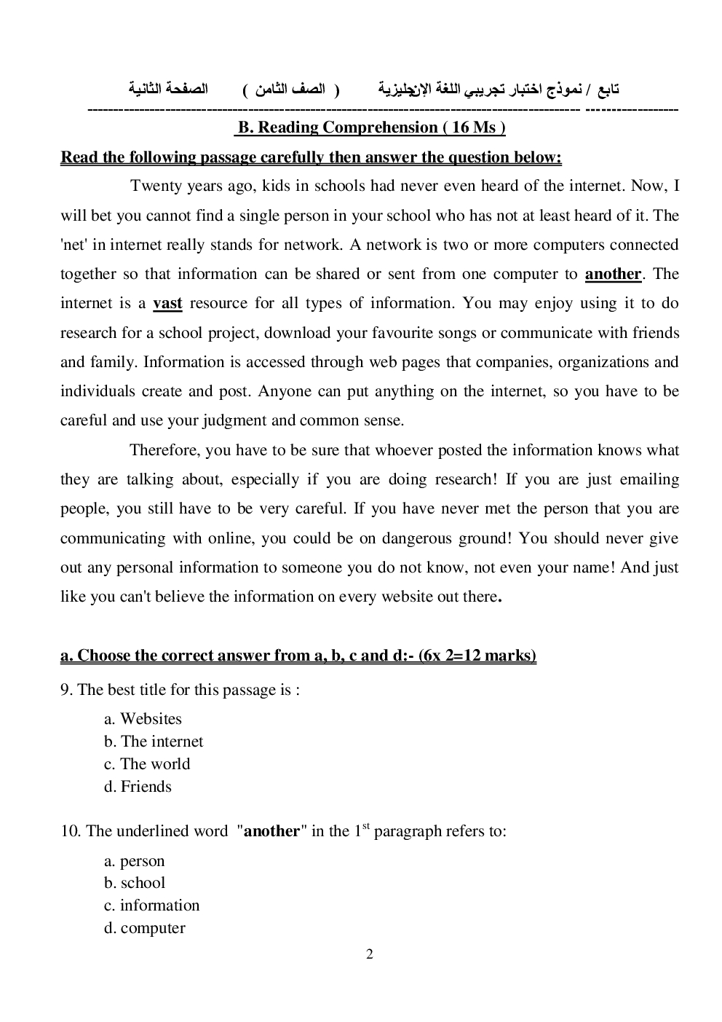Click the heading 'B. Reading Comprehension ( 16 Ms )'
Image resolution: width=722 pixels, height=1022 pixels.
pyautogui.click(x=370, y=127)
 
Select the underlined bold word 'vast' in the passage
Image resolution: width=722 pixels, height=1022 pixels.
pyautogui.click(x=167, y=303)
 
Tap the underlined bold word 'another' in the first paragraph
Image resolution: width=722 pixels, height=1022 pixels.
pyautogui.click(x=613, y=274)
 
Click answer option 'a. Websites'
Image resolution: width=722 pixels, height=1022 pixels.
pyautogui.click(x=143, y=719)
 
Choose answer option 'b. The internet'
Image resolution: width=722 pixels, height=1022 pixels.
pyautogui.click(x=154, y=742)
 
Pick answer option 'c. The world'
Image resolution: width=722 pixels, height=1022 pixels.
pyautogui.click(x=147, y=764)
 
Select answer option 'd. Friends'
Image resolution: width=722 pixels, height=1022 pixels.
pyautogui.click(x=138, y=787)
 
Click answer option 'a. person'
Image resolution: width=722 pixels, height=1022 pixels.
pyautogui.click(x=135, y=861)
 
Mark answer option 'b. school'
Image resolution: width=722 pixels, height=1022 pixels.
pyautogui.click(x=135, y=883)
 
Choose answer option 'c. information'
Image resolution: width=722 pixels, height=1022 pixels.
pyautogui.click(x=151, y=905)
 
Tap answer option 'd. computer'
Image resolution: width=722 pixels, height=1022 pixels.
pyautogui.click(x=144, y=928)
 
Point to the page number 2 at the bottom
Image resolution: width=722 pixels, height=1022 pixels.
pyautogui.click(x=370, y=954)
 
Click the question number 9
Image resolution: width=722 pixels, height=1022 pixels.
pyautogui.click(x=65, y=690)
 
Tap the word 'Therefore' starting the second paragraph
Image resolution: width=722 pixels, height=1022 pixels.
pyautogui.click(x=164, y=450)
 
